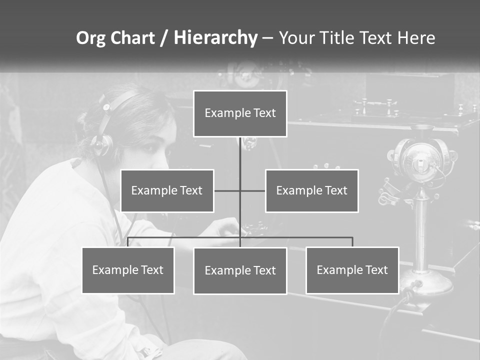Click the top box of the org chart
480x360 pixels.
tap(240, 113)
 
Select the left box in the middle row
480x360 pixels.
tap(167, 190)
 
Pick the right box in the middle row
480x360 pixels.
tap(311, 190)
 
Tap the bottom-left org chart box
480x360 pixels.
tap(128, 270)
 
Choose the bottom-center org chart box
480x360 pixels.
tap(240, 270)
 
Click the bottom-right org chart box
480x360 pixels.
tap(352, 270)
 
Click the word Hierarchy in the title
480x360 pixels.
tap(215, 38)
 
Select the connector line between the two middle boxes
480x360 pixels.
tap(239, 190)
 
